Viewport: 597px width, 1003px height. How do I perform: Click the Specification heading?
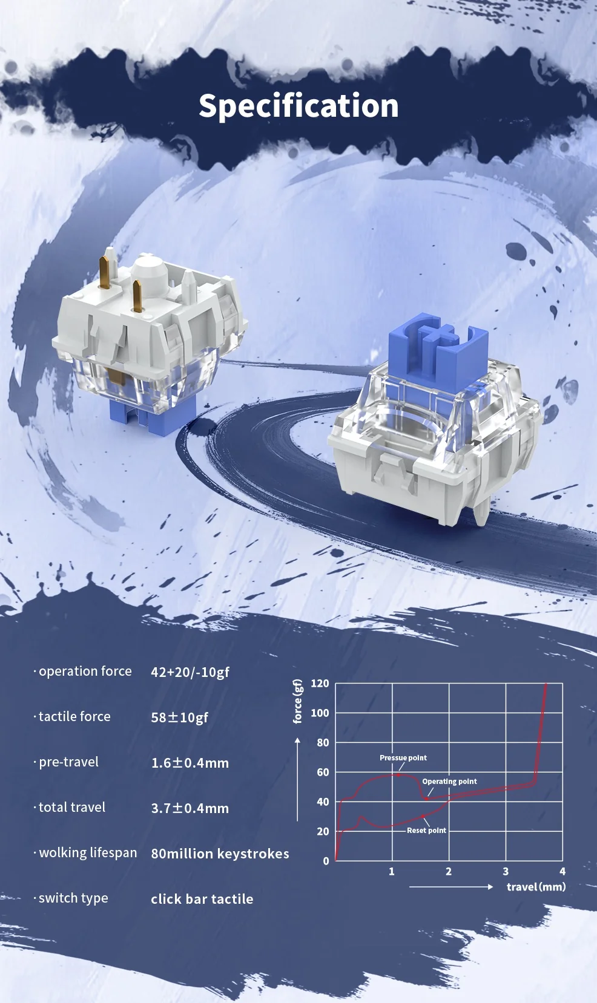point(298,106)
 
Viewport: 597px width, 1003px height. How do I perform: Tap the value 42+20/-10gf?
point(190,672)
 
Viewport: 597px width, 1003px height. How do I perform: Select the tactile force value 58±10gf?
point(179,717)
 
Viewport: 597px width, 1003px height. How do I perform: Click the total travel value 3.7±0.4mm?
point(190,808)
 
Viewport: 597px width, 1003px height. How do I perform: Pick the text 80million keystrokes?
point(220,854)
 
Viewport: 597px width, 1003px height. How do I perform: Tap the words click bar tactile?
point(202,899)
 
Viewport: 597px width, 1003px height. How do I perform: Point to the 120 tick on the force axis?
point(320,684)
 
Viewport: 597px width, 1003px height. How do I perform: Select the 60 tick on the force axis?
point(323,772)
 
